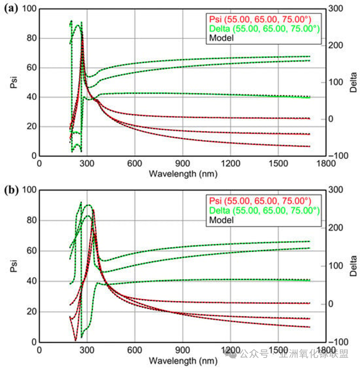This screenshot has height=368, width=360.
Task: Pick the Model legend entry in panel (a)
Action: pos(221,37)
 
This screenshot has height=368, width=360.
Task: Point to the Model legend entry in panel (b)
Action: pos(221,219)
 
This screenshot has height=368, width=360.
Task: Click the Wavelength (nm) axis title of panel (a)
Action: pos(182,173)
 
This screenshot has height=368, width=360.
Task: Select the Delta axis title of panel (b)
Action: pos(354,266)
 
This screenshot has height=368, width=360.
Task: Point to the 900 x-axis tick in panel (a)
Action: pos(182,163)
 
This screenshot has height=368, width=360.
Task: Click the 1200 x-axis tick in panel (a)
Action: pos(230,163)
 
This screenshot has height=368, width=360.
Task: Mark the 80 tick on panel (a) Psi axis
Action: pos(32,38)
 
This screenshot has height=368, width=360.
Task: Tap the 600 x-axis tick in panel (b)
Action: pos(135,350)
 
